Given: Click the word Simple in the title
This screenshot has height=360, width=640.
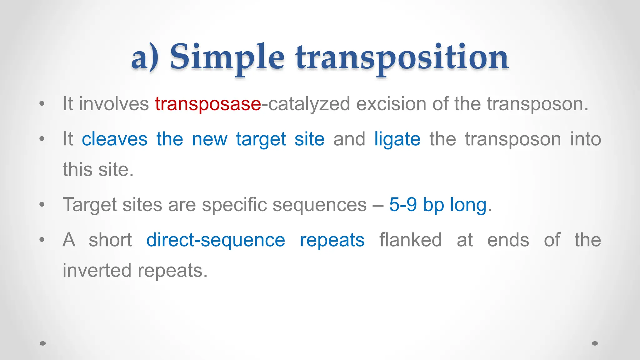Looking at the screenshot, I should (227, 58).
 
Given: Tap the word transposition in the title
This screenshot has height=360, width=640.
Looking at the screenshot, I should (402, 58).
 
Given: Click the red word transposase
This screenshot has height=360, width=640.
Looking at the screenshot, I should (208, 104).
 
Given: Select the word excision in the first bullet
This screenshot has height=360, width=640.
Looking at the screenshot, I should (391, 104).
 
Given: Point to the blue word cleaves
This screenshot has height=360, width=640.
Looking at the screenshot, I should (114, 139).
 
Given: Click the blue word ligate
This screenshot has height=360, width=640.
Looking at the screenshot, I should (397, 140).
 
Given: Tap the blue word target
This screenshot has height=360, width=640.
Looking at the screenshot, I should (261, 140).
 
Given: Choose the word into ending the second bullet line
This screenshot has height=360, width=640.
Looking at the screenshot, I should (585, 139).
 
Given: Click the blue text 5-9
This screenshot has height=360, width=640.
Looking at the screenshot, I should (403, 205).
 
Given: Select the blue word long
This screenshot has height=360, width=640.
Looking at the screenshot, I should (468, 205).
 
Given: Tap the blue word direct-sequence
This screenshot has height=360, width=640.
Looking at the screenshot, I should (216, 240).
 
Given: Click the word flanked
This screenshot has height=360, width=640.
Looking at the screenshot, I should (410, 240).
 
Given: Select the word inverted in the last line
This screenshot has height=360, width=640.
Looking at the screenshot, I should (97, 270).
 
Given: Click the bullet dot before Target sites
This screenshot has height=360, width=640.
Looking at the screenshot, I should (42, 205).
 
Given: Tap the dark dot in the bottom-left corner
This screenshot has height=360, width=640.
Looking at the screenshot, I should (43, 343).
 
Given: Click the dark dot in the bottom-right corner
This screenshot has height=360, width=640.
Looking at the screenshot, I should (595, 343).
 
